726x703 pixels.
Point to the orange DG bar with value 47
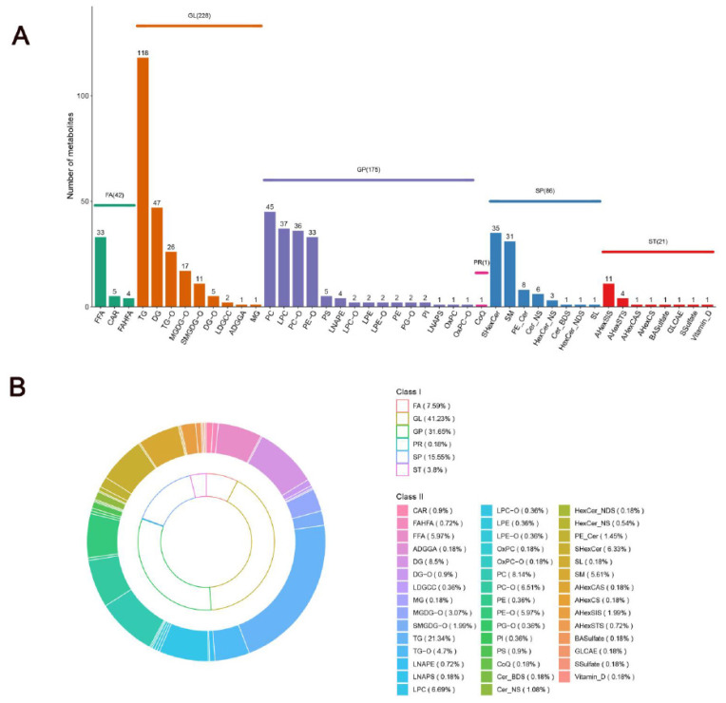tap(157, 256)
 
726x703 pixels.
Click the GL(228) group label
tap(199, 16)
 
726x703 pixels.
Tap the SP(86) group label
tap(545, 192)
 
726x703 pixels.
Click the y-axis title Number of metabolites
tap(72, 152)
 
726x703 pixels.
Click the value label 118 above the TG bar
tap(143, 52)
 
